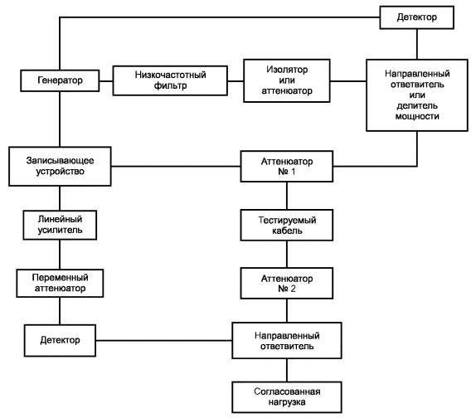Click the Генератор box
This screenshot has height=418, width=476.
60,80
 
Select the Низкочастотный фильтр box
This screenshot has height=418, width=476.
170,80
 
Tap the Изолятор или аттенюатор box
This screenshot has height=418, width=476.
287,80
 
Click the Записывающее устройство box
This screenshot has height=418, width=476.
60,167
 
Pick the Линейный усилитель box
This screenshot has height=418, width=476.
60,225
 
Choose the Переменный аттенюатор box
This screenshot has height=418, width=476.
60,283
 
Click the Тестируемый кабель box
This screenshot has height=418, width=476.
287,225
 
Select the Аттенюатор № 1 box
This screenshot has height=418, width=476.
287,167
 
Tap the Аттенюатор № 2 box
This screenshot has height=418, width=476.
287,283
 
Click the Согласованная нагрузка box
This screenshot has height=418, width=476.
287,397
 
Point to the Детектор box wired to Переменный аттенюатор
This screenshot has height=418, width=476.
60,341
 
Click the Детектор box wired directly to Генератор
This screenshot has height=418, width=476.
417,17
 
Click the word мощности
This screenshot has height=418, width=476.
417,116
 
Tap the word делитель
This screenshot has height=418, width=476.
417,105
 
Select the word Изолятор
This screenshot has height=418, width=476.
287,70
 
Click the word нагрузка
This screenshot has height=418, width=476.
287,402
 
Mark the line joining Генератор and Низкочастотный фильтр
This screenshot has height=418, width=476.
106,81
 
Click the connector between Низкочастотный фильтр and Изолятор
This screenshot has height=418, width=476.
236,81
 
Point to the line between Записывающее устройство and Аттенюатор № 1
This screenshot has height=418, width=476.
176,167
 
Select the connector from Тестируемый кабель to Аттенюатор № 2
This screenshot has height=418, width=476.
287,254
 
